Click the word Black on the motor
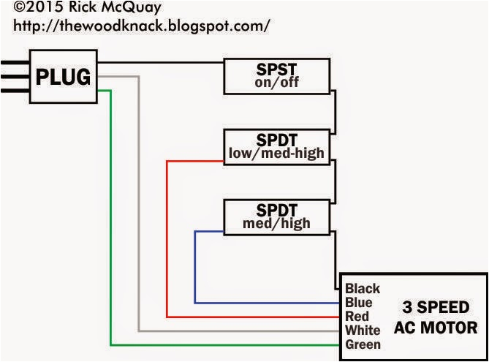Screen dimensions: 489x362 pyautogui.click(x=363, y=289)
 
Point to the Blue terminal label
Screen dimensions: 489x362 pyautogui.click(x=359, y=303)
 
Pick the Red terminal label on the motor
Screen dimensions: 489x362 pyautogui.click(x=357, y=317)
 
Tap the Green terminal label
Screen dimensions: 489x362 pyautogui.click(x=363, y=344)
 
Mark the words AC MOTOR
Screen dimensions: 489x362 pyautogui.click(x=436, y=327)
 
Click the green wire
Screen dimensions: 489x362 pyautogui.click(x=110, y=219)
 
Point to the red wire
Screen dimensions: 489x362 pyautogui.click(x=167, y=241)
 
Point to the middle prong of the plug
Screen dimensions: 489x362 pyautogui.click(x=15, y=76)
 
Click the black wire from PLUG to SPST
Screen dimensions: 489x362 pyautogui.click(x=161, y=63)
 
